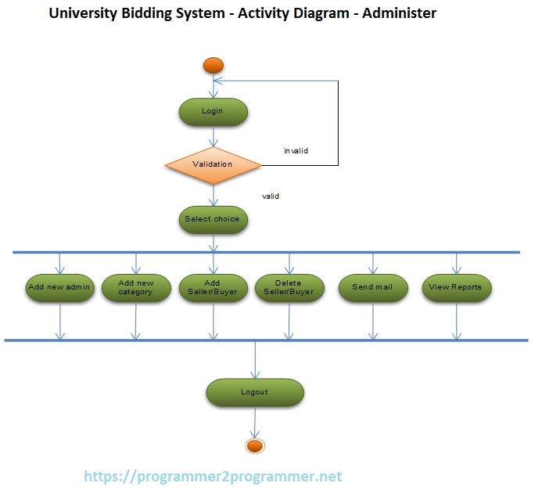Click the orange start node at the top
click(x=214, y=66)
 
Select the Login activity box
click(x=213, y=111)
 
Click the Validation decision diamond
click(x=213, y=164)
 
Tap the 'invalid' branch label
click(x=296, y=150)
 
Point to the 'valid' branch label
click(x=271, y=196)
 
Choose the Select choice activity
click(x=213, y=219)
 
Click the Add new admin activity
click(x=59, y=287)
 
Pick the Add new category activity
click(x=136, y=287)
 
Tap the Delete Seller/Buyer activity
click(x=289, y=287)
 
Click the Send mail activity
click(x=373, y=287)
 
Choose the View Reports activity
click(x=456, y=287)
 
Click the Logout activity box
click(x=254, y=392)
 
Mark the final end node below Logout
click(x=254, y=446)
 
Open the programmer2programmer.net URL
click(x=213, y=476)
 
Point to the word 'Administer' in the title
click(x=396, y=13)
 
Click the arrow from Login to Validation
click(x=213, y=135)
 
